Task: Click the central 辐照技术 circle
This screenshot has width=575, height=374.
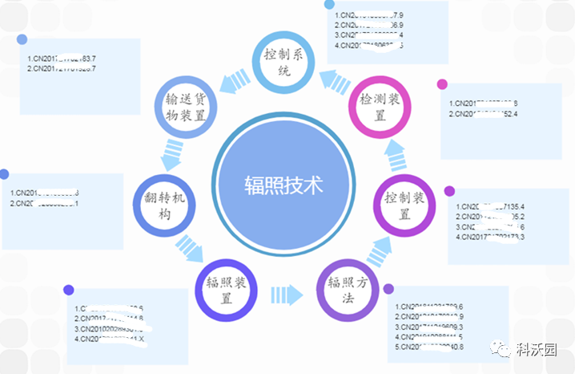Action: (283, 185)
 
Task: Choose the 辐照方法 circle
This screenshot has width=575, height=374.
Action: (349, 289)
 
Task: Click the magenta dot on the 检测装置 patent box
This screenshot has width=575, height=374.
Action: (441, 83)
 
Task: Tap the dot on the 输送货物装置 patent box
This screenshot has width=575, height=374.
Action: (22, 39)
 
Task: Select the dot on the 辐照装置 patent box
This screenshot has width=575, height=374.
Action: (69, 291)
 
